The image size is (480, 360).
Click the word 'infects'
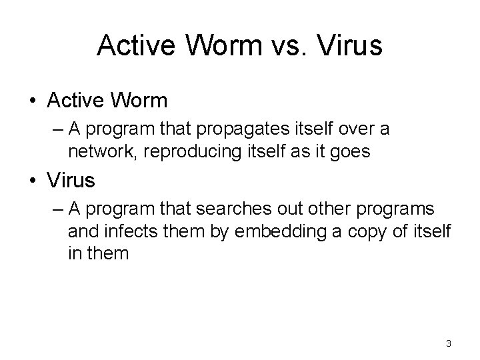click(x=137, y=232)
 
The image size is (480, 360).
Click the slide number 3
click(x=449, y=343)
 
